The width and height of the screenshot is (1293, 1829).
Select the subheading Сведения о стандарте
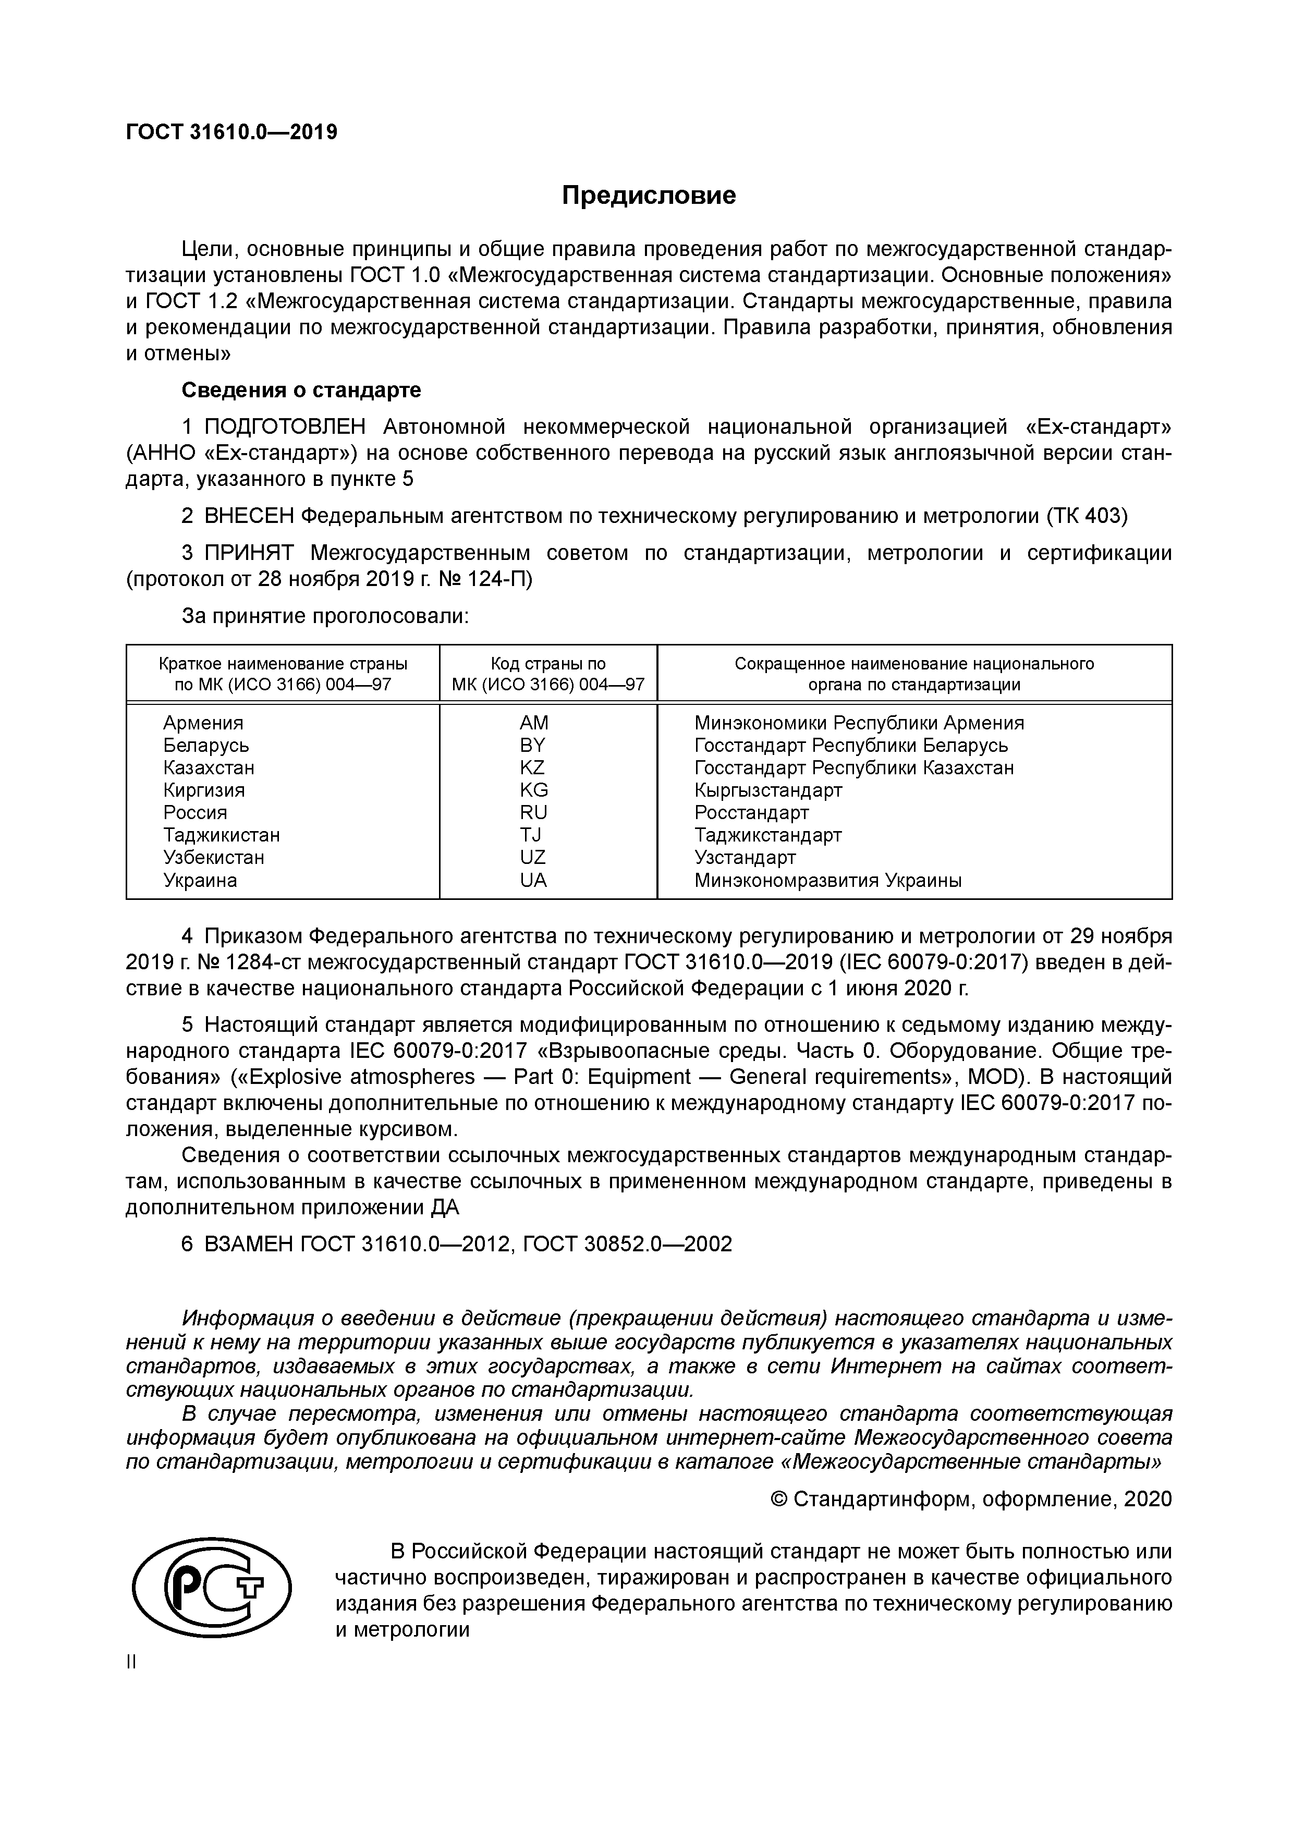tap(301, 391)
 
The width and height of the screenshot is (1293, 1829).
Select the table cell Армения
tap(203, 723)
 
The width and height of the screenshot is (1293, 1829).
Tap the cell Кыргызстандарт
tap(768, 790)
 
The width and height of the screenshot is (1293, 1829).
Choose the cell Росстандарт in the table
tap(751, 812)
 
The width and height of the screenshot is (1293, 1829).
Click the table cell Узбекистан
tap(214, 858)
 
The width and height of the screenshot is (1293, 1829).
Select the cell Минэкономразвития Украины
tap(828, 880)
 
